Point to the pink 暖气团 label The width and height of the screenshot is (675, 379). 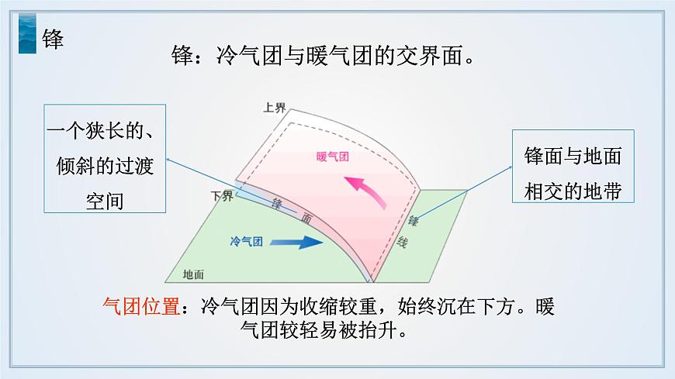pos(333,156)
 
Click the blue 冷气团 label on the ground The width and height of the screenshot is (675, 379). pos(247,242)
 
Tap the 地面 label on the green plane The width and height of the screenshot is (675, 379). pos(193,274)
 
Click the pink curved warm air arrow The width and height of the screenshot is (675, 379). pos(365,191)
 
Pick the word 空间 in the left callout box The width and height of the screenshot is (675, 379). pos(105,200)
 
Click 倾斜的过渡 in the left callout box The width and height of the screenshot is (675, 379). pos(105,166)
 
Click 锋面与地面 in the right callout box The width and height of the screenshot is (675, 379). pos(573,156)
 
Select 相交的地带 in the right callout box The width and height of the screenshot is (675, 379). pos(573,191)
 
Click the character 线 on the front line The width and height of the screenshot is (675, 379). pos(402,242)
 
